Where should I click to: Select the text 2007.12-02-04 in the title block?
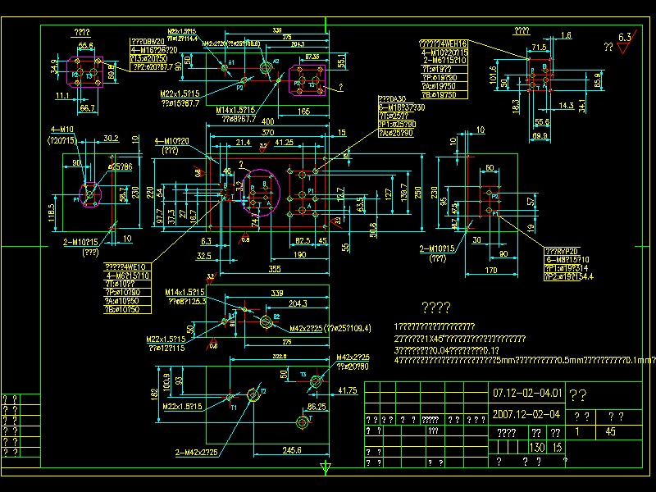click(526, 415)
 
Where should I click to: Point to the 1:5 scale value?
click(557, 447)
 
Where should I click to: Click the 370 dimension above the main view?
click(267, 132)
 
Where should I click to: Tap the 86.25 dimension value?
click(317, 406)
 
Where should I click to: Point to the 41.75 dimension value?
click(348, 391)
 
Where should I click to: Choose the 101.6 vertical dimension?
click(493, 75)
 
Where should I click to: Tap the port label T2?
click(263, 391)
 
